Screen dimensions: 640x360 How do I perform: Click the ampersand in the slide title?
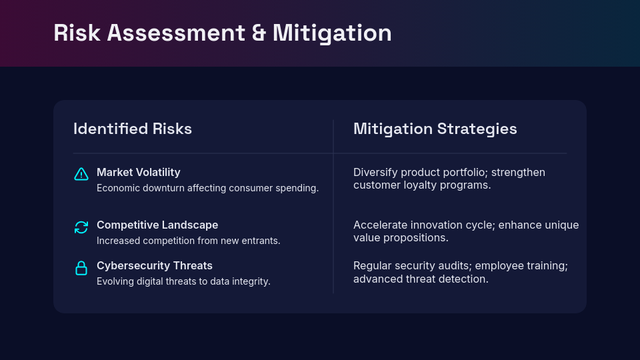tap(259, 33)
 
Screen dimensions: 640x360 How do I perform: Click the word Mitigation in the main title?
tap(332, 33)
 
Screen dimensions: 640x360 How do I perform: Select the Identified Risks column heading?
tap(133, 129)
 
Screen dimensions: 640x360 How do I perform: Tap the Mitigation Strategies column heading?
tap(435, 129)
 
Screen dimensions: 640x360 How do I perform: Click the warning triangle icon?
tap(81, 174)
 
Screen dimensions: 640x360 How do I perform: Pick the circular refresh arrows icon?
tap(81, 227)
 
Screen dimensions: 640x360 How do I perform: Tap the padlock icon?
tap(81, 268)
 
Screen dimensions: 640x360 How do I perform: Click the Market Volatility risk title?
tap(139, 172)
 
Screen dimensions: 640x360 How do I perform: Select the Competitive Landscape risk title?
tap(157, 225)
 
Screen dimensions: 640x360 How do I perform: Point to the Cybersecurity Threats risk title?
tap(154, 266)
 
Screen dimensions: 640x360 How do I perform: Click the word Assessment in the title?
tap(176, 33)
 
